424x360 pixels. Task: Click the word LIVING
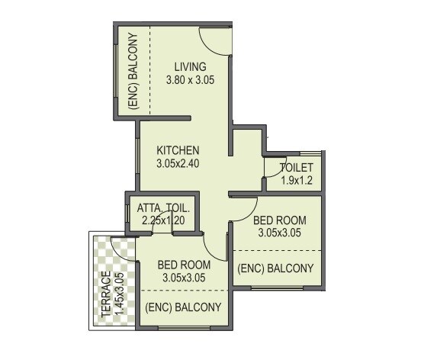(190, 66)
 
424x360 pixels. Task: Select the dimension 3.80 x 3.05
(190, 79)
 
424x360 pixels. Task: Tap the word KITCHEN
(178, 150)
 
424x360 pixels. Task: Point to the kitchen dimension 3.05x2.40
(178, 162)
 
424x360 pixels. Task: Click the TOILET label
(296, 168)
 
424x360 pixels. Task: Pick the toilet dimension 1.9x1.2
(296, 181)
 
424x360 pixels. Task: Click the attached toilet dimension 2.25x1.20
(164, 220)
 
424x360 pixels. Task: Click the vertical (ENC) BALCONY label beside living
(133, 71)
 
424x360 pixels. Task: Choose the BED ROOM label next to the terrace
(183, 265)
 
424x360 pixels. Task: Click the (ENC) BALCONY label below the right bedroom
(275, 268)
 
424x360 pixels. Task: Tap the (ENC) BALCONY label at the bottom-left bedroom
(183, 307)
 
